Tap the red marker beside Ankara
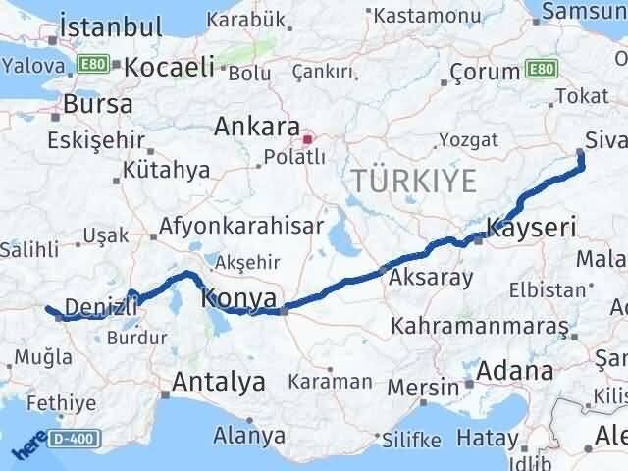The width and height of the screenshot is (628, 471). click(x=308, y=140)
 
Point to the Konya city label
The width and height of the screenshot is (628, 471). click(x=242, y=297)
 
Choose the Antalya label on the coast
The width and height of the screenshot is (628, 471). click(x=219, y=383)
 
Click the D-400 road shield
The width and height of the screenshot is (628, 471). click(x=74, y=437)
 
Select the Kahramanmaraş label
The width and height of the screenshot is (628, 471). click(x=479, y=325)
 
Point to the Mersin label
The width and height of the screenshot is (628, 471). click(x=423, y=387)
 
